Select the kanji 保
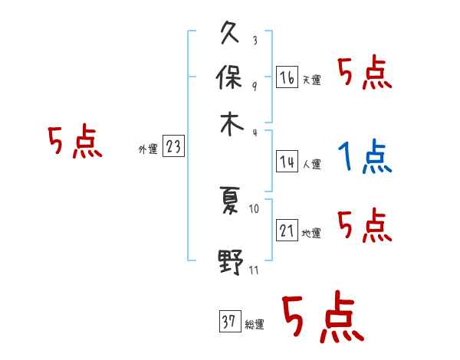(230, 79)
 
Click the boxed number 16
(287, 77)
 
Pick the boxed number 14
(287, 162)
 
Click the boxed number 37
(228, 322)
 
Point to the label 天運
(311, 80)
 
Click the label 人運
(311, 164)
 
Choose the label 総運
(255, 325)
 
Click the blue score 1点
(364, 159)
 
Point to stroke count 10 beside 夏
(255, 208)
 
